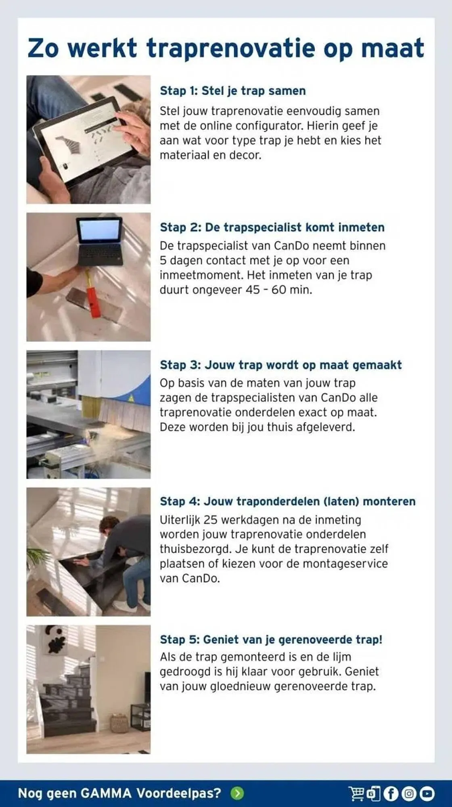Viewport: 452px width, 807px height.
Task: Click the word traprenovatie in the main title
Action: coord(230,49)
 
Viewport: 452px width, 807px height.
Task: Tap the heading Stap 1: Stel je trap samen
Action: coord(232,91)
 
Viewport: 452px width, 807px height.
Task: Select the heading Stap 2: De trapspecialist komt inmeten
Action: coord(272,228)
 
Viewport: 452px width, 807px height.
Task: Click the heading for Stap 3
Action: coord(280,365)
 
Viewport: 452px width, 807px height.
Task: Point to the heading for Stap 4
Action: coord(287,502)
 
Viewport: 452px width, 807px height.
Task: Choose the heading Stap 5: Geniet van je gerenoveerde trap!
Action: coord(271,640)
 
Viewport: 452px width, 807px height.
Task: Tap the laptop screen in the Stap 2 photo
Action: coord(99,232)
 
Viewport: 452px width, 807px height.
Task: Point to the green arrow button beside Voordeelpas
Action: coord(237,793)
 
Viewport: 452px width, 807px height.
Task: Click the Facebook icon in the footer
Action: coord(391,794)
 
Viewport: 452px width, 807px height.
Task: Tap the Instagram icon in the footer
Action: coord(409,794)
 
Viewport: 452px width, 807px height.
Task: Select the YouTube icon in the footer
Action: coord(427,794)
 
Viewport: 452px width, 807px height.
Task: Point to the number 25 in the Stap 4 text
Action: coord(210,520)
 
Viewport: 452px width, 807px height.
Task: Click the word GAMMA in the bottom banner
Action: coord(106,793)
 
